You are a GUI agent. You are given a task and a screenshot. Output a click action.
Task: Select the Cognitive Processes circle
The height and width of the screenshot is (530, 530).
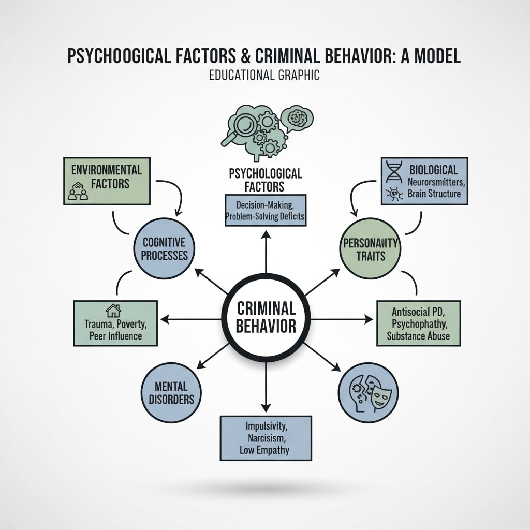(x=160, y=248)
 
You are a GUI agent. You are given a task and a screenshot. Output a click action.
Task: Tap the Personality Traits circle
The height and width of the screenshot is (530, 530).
(x=370, y=248)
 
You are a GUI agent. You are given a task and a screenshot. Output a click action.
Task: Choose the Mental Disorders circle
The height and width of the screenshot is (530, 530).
(x=170, y=392)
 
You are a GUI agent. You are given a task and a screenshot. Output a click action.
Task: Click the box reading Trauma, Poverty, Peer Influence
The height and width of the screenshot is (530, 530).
(x=115, y=323)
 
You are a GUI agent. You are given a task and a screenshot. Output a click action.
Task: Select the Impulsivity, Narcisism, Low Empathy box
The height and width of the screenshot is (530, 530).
(x=266, y=437)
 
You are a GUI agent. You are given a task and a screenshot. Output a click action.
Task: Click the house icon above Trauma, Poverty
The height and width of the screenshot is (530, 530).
(x=113, y=310)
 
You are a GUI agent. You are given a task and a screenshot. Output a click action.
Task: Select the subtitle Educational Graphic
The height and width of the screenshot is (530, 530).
(x=264, y=75)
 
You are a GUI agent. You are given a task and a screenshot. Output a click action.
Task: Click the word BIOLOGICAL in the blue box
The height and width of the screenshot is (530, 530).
(x=433, y=170)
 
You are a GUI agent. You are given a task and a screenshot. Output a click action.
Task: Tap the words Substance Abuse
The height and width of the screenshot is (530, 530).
(x=418, y=336)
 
